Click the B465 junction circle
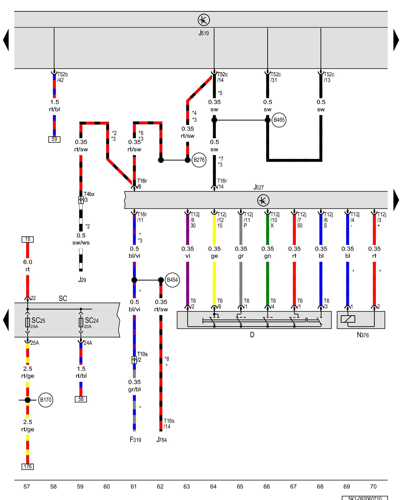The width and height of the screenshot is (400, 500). pos(279,120)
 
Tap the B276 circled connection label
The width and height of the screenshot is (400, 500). pos(199,160)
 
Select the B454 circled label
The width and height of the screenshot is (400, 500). pos(172,280)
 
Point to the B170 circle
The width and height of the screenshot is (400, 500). pos(46,400)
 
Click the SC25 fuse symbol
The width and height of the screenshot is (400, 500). pos(27,322)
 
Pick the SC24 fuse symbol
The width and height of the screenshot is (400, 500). pos(81,322)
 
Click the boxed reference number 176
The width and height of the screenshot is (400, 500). pos(27,466)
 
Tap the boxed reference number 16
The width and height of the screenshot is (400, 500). pos(27,239)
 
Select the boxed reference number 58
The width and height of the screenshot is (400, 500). pos(81,399)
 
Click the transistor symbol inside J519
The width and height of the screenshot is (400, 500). pos(204,20)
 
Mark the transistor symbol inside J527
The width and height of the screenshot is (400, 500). pos(263,200)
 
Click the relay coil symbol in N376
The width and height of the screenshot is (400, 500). pos(348,319)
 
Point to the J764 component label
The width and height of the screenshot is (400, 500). pos(161,440)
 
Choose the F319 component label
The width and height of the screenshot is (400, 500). pos(135,440)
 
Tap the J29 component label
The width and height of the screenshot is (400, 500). pos(82,280)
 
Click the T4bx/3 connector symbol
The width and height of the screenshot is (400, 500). pos(81,200)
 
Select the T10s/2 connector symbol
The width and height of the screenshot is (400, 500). pos(134,360)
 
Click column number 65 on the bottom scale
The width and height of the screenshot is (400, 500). pos(240,486)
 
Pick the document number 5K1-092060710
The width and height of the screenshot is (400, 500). pos(365,498)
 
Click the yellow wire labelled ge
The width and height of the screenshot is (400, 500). pos(214,280)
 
